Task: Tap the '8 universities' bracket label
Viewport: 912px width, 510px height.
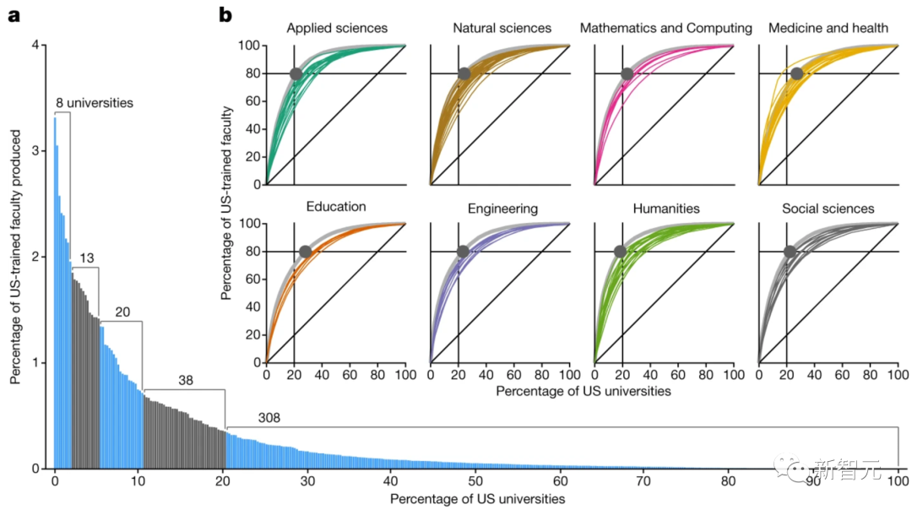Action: (x=95, y=104)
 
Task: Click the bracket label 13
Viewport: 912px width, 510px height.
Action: (x=85, y=258)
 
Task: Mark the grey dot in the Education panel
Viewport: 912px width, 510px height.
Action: (x=305, y=252)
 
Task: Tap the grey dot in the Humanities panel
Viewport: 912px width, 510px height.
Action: (x=620, y=252)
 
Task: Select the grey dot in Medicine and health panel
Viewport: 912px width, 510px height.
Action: (x=796, y=73)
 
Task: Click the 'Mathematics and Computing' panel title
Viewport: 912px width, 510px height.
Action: (x=665, y=29)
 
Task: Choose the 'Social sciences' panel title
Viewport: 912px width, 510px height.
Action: (x=828, y=208)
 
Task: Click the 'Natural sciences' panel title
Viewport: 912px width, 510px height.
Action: (x=502, y=29)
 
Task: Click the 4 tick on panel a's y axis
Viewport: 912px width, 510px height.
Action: (x=35, y=46)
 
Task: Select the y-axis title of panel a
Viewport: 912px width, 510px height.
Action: (x=15, y=257)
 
